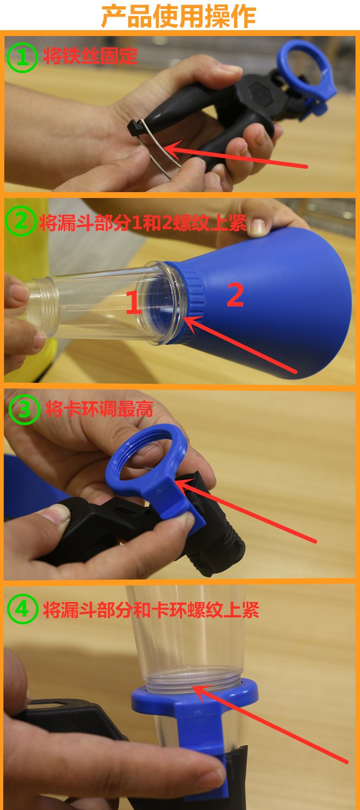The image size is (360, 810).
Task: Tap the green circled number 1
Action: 22,57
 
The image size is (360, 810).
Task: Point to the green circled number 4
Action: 22,609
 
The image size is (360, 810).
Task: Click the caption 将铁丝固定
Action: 90,56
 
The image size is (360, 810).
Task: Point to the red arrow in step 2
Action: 240,344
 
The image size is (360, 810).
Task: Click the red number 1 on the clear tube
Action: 133,302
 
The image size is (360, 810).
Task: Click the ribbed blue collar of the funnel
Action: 184,301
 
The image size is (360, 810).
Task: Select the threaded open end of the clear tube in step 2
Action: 43,306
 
